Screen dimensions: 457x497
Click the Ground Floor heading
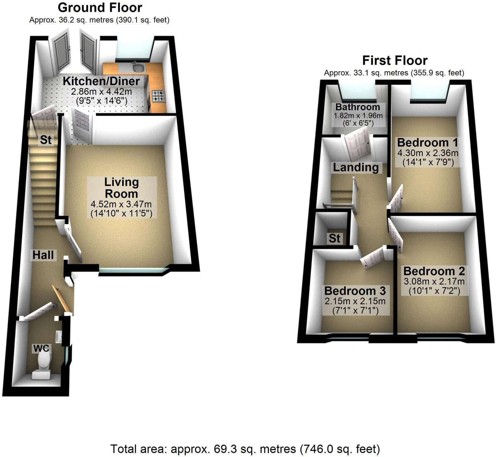tap(100, 8)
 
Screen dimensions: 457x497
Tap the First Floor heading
tap(395, 61)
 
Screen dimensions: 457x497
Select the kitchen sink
tap(139, 67)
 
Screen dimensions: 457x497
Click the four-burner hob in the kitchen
tap(158, 96)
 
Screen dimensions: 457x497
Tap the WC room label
tap(41, 348)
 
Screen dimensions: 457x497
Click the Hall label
tap(43, 255)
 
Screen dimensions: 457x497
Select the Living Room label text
tap(121, 188)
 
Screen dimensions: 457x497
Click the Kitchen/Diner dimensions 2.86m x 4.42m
tap(101, 92)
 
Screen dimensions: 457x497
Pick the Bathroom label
tap(358, 107)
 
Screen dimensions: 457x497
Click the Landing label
tap(356, 167)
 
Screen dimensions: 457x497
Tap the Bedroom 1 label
tap(427, 142)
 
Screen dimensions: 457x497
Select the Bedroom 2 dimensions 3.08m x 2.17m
tap(434, 282)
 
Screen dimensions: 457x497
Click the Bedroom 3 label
tap(355, 291)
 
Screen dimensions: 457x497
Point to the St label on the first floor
tap(334, 238)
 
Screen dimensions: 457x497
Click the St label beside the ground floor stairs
tap(46, 140)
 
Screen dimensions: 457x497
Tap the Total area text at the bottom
tap(245, 448)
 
